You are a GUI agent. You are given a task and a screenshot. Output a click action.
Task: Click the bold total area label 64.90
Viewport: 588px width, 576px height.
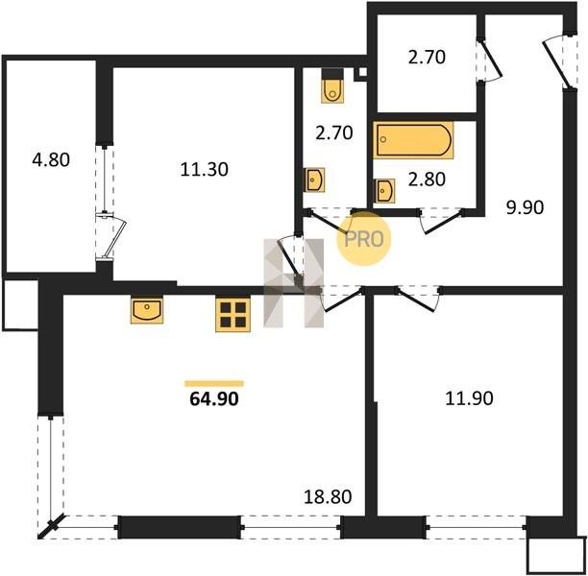tap(214, 398)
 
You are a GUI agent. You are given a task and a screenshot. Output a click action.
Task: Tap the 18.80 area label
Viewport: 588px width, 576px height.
tap(328, 497)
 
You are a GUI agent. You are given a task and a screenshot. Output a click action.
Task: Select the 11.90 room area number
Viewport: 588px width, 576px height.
tap(469, 398)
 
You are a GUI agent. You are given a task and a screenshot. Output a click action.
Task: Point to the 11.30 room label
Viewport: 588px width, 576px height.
tap(204, 169)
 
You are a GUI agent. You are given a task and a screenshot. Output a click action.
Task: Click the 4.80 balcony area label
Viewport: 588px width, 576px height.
tap(51, 160)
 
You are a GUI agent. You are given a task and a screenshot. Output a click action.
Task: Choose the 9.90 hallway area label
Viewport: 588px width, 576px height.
tap(525, 207)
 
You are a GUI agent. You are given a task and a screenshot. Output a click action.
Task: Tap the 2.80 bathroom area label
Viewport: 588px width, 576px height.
tap(427, 180)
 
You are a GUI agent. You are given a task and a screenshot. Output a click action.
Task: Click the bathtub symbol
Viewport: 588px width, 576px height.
tap(413, 140)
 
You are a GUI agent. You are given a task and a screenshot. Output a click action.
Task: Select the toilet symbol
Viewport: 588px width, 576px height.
tap(332, 85)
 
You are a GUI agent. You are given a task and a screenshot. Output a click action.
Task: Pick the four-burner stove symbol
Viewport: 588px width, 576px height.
tap(233, 315)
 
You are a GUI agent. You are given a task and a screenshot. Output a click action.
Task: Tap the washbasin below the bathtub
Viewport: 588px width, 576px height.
tap(384, 191)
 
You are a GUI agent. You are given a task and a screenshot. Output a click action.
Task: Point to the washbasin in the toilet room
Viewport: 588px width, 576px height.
tap(315, 180)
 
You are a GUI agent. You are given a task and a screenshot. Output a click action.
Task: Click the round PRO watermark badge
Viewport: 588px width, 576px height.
tap(364, 239)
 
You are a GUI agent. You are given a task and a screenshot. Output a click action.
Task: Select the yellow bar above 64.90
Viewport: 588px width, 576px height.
tap(214, 383)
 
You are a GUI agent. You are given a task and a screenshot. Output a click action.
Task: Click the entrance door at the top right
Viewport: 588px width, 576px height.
tap(557, 61)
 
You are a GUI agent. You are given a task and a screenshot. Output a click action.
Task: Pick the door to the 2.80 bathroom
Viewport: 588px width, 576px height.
tap(442, 221)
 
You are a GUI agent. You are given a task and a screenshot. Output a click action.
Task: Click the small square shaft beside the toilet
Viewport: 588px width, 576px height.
tap(362, 73)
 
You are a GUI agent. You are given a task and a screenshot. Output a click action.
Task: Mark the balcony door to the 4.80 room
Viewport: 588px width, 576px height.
tap(110, 236)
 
